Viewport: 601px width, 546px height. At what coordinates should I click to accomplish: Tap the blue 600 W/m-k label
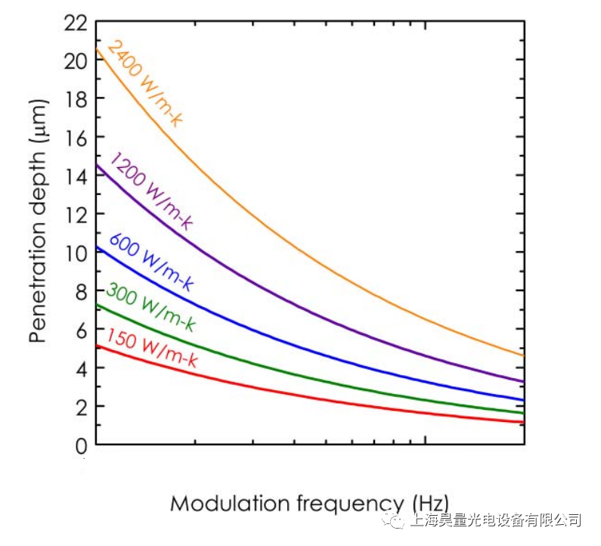pyautogui.click(x=151, y=262)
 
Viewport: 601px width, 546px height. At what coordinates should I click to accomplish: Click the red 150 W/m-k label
pyautogui.click(x=151, y=349)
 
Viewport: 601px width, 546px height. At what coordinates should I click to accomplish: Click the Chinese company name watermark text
pyautogui.click(x=496, y=520)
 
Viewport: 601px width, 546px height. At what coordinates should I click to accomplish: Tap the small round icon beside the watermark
pyautogui.click(x=396, y=520)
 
